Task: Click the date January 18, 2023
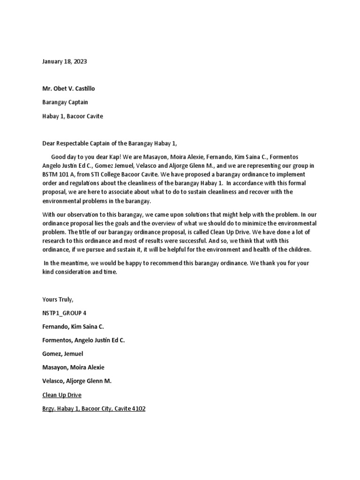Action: (x=64, y=61)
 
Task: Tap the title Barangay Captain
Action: (x=65, y=102)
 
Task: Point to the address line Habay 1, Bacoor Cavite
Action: (x=73, y=116)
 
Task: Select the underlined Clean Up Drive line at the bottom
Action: (x=62, y=395)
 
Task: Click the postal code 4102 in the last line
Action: (x=138, y=409)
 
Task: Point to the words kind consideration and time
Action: (x=79, y=272)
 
